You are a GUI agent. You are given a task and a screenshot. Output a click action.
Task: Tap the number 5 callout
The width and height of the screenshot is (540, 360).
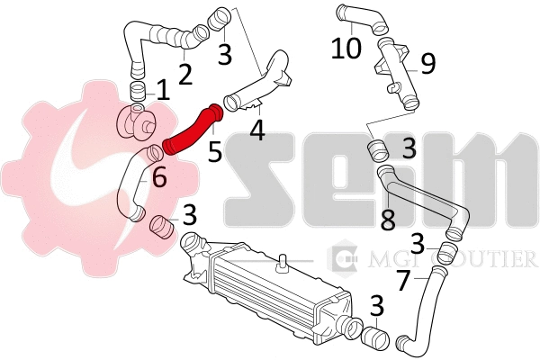[x=214, y=150]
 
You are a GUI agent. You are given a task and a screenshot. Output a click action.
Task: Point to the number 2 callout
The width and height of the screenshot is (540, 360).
[x=184, y=72]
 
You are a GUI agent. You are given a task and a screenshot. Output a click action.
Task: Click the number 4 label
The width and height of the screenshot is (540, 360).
[x=257, y=131]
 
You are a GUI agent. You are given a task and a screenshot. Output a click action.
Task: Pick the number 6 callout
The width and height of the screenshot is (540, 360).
[x=159, y=178]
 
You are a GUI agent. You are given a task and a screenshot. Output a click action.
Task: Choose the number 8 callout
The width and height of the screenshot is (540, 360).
[x=388, y=220]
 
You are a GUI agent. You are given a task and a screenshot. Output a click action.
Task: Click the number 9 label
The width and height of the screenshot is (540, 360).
[x=427, y=63]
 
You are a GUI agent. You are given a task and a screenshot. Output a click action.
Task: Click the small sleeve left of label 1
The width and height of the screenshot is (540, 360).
[x=137, y=90]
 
